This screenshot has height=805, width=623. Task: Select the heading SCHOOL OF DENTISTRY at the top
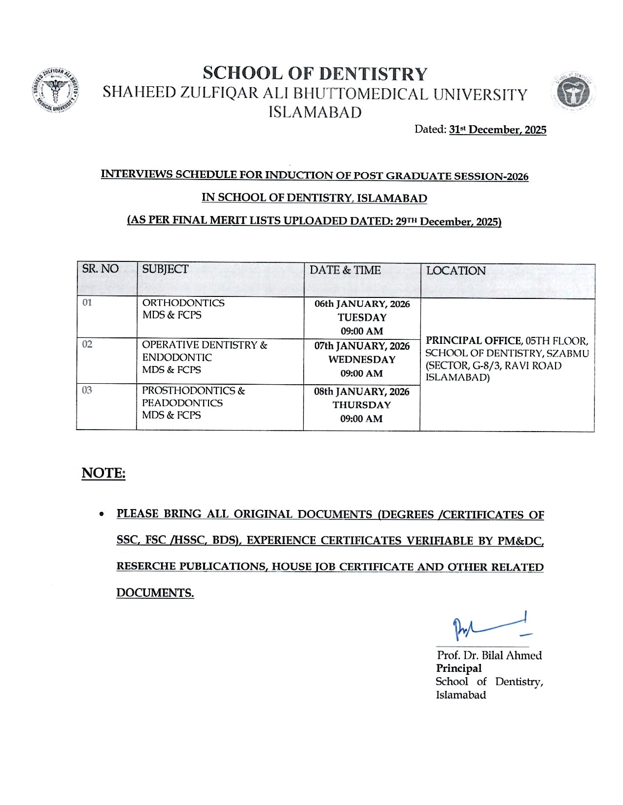click(x=315, y=73)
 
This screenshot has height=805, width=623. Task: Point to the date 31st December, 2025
click(x=497, y=130)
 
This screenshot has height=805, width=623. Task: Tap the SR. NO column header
click(x=100, y=269)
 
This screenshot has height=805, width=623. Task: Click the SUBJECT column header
click(x=165, y=269)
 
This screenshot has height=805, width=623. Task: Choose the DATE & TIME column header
click(x=345, y=270)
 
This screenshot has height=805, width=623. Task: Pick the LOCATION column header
click(x=456, y=271)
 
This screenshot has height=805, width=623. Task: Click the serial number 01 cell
click(x=87, y=302)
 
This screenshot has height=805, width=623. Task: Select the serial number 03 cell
click(x=87, y=390)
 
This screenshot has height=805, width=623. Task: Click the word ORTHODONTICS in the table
click(x=183, y=303)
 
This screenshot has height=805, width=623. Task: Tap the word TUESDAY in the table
click(x=362, y=318)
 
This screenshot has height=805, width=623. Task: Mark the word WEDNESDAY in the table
click(x=362, y=360)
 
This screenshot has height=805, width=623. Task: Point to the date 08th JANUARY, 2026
click(x=362, y=392)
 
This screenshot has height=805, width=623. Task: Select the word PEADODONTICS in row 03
click(x=182, y=403)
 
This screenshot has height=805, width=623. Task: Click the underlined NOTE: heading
click(x=104, y=473)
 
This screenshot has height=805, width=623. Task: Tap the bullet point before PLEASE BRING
click(x=102, y=514)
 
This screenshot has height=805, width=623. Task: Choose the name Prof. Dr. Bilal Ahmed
click(x=489, y=656)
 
